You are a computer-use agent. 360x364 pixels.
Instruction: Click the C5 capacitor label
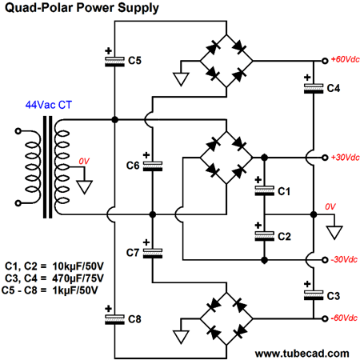tap(134, 61)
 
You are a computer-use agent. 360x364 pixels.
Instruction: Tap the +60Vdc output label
tap(345, 59)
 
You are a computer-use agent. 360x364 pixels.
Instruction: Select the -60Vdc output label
tap(344, 318)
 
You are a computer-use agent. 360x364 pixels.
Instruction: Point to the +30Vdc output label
tap(345, 158)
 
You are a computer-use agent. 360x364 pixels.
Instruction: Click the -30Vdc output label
tap(344, 259)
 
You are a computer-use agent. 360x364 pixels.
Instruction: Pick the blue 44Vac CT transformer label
tap(49, 105)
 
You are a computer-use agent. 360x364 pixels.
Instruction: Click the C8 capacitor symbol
tap(114, 319)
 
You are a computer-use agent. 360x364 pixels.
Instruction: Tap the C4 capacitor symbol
tap(314, 89)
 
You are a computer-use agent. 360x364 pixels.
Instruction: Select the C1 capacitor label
tap(284, 191)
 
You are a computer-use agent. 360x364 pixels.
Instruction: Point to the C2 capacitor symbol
tap(264, 236)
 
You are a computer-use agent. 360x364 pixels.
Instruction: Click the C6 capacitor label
tap(133, 166)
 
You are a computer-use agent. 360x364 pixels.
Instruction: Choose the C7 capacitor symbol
tap(153, 254)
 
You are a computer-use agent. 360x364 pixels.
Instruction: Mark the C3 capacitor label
tap(334, 296)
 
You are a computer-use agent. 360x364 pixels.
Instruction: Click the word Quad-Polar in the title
tap(39, 7)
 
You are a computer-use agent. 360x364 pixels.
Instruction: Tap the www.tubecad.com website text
tap(302, 354)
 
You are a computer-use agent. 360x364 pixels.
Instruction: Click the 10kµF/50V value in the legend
tap(78, 266)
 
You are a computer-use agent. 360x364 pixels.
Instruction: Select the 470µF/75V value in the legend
tap(78, 278)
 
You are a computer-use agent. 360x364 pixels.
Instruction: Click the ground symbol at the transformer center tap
tap(84, 187)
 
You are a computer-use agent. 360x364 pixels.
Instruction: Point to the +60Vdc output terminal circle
tap(325, 61)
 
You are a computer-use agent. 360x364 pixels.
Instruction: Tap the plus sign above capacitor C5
tap(108, 50)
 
